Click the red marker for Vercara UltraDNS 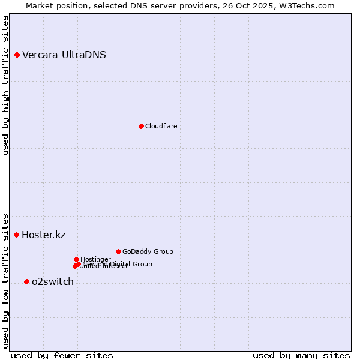point(17,55)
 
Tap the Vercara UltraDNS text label point(64,55)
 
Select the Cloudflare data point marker point(141,126)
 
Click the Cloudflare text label point(161,126)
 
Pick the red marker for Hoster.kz point(17,235)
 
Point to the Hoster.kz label point(43,235)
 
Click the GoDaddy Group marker point(118,251)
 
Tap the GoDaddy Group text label point(148,251)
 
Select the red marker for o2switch point(26,281)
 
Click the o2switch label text point(53,281)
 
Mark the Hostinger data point point(76,259)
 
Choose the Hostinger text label point(95,259)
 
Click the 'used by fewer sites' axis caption point(62,355)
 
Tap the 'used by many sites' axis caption point(301,355)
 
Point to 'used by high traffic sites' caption point(5,85)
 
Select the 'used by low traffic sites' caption point(5,280)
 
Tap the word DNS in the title point(136,5)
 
